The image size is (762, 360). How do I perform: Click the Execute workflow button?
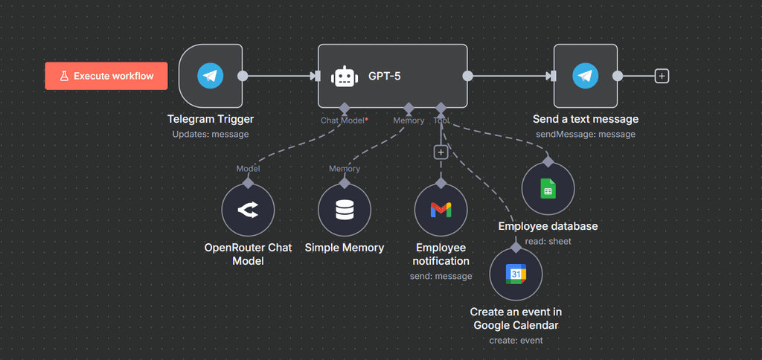(106, 76)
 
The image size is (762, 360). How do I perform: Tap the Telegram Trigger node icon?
(211, 76)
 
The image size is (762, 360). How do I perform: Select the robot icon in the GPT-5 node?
(345, 76)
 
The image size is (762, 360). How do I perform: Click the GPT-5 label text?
(385, 76)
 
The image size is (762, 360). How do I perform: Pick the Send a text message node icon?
(586, 76)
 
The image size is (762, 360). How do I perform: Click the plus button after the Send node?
(662, 76)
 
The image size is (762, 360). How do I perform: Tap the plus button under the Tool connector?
(441, 152)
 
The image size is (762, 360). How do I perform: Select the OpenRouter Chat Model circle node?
(248, 211)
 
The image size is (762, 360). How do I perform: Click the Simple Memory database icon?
(345, 211)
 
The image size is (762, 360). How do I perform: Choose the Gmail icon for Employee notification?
(441, 211)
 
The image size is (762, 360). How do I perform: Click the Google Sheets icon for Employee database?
(548, 190)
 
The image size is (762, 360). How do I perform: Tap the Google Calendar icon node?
(516, 274)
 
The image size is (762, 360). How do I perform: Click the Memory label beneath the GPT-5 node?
(409, 120)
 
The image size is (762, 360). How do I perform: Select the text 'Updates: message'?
(211, 135)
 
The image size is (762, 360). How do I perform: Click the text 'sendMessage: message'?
(586, 135)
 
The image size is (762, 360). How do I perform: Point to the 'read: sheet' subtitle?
(548, 241)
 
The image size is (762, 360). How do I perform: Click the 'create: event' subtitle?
(516, 341)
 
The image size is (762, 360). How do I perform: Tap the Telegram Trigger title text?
(211, 119)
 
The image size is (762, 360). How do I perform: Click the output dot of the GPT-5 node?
(467, 76)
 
